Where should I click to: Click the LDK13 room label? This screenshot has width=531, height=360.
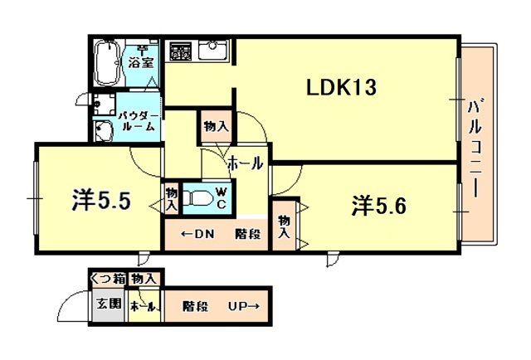point(341,87)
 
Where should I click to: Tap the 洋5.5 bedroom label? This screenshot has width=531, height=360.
point(101,201)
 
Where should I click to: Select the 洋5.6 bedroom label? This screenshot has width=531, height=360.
point(378,206)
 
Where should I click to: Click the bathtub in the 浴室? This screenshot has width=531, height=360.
point(107,63)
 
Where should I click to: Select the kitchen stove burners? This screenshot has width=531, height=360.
point(180,51)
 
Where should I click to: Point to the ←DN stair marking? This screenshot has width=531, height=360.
point(197,234)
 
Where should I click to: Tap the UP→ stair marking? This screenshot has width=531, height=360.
point(244,306)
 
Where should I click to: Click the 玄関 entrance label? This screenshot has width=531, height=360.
point(109,303)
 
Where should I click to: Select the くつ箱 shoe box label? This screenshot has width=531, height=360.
point(108,279)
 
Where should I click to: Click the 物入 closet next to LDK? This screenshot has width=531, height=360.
point(216,127)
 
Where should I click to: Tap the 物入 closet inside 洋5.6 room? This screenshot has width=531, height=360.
point(284,226)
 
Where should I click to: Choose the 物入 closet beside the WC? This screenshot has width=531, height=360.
point(172,198)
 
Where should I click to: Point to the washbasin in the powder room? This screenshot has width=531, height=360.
point(103,130)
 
